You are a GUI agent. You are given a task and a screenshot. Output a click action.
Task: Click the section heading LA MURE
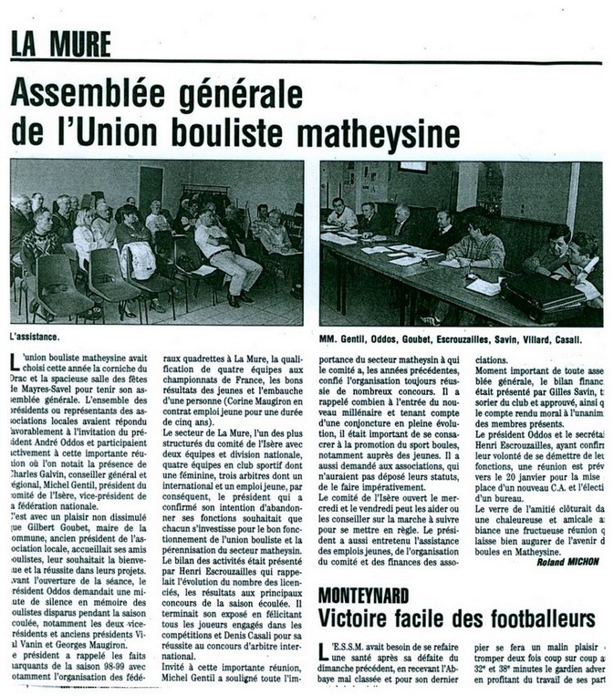tap(62, 44)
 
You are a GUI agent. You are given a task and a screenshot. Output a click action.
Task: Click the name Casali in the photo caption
tap(585, 339)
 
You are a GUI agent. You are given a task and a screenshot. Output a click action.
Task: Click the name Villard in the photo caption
tap(547, 339)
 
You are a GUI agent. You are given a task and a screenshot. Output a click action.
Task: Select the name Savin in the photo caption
tap(513, 339)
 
